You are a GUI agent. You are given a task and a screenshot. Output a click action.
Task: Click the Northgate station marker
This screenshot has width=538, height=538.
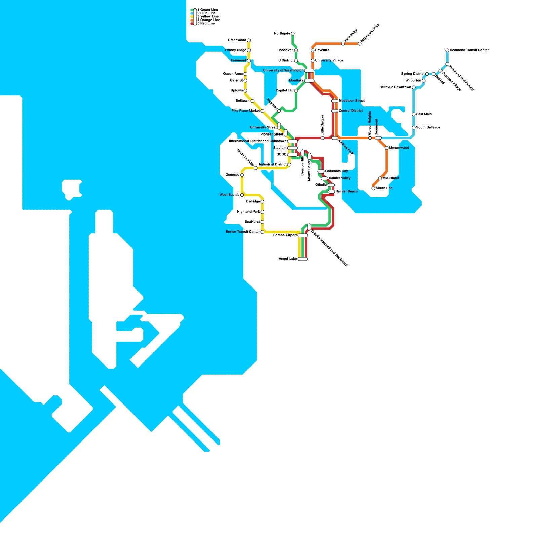point(293,34)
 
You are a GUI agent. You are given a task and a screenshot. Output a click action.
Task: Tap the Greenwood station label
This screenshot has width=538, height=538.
point(237,40)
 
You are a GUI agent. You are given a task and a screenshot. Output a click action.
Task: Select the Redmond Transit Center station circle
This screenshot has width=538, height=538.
point(447,50)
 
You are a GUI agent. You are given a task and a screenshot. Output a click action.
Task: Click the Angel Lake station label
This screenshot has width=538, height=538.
point(287,259)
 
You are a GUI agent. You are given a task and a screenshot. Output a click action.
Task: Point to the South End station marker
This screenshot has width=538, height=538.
point(373,188)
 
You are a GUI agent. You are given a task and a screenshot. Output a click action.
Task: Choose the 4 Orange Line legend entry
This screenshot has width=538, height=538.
point(208,20)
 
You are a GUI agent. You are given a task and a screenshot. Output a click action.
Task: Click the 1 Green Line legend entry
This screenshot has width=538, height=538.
point(207,10)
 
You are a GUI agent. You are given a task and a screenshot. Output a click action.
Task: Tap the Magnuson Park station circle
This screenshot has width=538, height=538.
point(360,44)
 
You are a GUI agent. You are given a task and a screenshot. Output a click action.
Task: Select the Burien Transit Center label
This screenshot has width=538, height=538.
point(243,232)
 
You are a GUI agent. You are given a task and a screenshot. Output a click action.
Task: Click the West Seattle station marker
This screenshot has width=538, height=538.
point(242,195)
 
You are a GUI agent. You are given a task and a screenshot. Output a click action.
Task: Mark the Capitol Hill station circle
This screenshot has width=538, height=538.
point(296,91)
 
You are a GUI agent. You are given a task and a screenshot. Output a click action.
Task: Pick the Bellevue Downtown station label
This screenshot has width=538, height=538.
point(395,87)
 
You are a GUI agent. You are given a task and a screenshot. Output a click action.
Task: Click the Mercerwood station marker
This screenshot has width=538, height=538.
point(387,148)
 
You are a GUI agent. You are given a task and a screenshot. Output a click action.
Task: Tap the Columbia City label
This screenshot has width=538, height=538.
point(337,171)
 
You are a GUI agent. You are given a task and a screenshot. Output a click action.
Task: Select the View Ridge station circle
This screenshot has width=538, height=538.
point(343,44)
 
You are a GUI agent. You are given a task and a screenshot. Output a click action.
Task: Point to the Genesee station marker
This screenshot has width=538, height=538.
point(242,175)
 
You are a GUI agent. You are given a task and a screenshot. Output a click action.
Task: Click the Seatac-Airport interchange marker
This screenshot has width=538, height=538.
point(303,235)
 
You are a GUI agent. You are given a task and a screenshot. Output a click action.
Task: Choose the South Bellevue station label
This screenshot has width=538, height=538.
point(428,128)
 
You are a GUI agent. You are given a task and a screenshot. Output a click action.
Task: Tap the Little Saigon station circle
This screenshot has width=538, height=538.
point(323,138)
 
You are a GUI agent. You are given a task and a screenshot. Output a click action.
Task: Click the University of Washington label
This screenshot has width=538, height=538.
point(283,71)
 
